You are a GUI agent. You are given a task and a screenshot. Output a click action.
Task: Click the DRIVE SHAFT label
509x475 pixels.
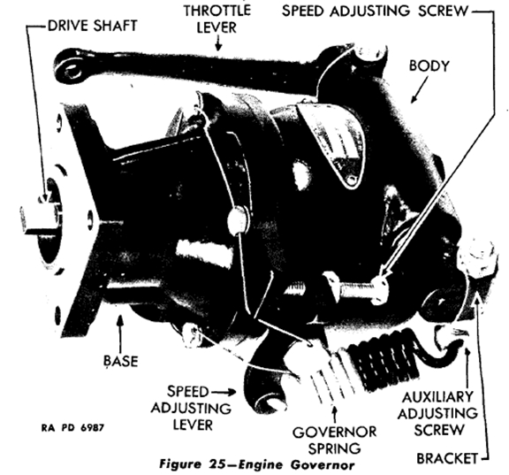click(93, 26)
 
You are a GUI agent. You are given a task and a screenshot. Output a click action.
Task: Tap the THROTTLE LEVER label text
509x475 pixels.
click(217, 19)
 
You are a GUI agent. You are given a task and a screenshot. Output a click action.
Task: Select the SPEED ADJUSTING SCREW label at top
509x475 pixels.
click(375, 11)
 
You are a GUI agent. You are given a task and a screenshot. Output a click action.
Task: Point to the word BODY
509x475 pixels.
click(429, 65)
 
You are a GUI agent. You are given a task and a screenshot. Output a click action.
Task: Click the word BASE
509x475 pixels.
click(121, 361)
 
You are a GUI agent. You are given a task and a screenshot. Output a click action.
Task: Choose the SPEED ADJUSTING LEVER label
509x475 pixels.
click(191, 408)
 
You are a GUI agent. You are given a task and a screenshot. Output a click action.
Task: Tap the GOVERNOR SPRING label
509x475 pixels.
click(334, 440)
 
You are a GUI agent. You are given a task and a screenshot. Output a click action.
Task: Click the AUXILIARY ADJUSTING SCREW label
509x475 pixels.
click(437, 414)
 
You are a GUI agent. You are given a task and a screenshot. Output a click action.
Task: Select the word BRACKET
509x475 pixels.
click(447, 458)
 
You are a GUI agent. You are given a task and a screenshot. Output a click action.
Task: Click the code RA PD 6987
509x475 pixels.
click(72, 427)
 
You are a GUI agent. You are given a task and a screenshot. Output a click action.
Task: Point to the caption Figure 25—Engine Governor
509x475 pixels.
click(256, 464)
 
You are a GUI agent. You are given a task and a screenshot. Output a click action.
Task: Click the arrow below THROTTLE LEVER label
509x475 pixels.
click(218, 42)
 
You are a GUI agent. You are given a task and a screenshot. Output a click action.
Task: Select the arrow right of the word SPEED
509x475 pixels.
click(224, 393)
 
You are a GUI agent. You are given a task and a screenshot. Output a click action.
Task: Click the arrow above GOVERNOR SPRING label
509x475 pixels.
click(334, 413)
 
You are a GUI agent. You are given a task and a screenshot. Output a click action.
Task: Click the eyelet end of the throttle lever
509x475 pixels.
click(70, 69)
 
